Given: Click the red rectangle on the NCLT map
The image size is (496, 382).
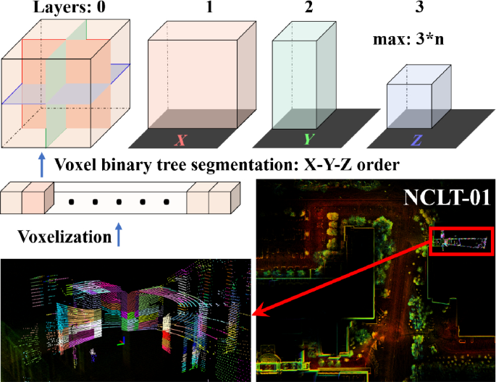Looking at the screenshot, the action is tap(461, 241).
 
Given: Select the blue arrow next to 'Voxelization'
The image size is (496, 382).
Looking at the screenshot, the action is tap(117, 234).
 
